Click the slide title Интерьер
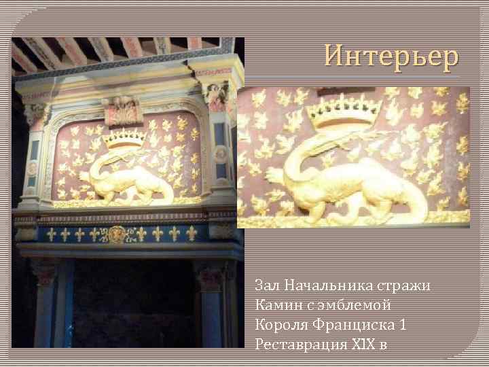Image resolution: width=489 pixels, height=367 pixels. pyautogui.click(x=391, y=56)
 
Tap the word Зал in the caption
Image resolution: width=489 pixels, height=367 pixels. pyautogui.click(x=267, y=285)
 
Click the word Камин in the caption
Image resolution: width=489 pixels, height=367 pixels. pyautogui.click(x=274, y=304)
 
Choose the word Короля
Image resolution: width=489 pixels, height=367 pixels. pyautogui.click(x=278, y=324)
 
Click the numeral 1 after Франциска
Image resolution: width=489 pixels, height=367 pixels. pyautogui.click(x=403, y=324)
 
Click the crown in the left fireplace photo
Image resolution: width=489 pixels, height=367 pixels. pyautogui.click(x=124, y=137)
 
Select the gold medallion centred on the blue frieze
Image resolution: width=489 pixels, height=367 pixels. pyautogui.click(x=118, y=234)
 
